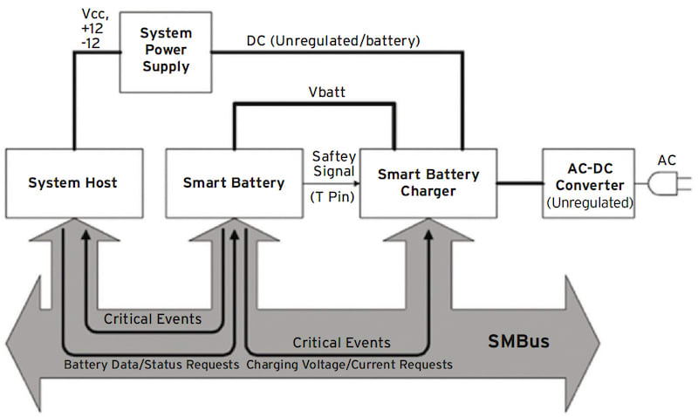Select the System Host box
point(73,183)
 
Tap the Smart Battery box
point(234,183)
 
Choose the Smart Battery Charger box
point(428,183)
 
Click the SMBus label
point(518,340)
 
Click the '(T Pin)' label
point(332,197)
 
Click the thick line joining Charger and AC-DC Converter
point(520,183)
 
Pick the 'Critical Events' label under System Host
point(153,318)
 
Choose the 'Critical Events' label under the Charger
point(341,342)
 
